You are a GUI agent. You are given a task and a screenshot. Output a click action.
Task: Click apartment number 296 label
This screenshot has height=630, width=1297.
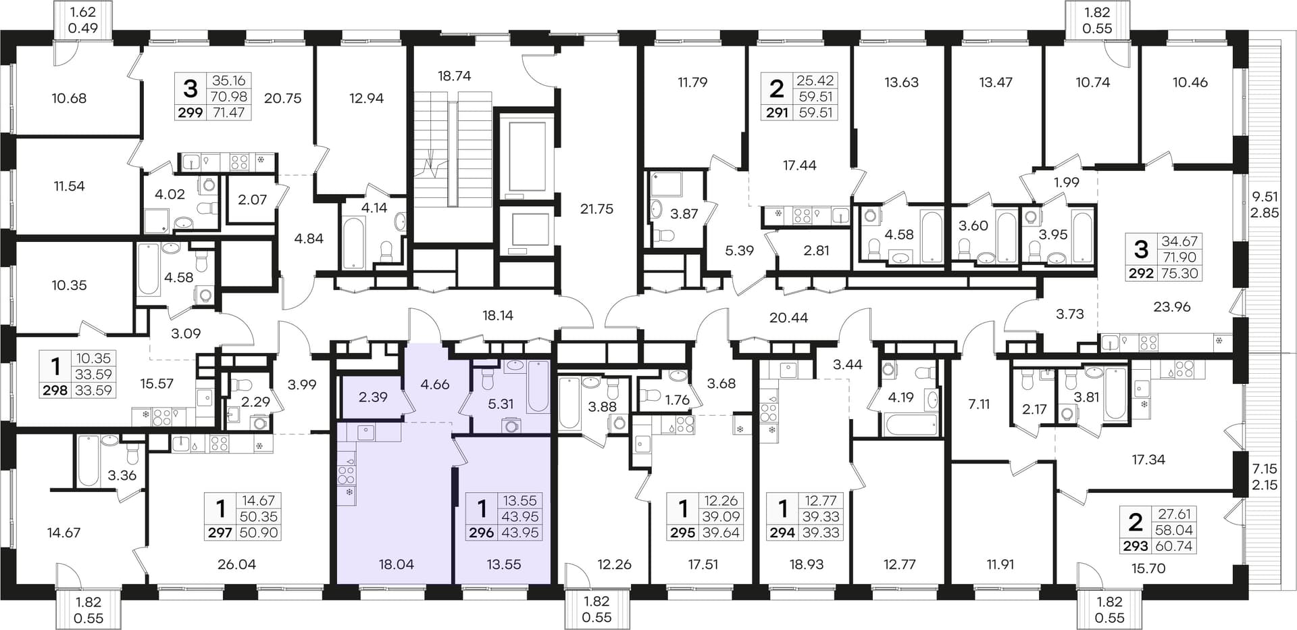coord(482,533)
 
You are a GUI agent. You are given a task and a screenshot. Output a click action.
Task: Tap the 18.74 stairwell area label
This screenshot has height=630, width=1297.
coord(454,76)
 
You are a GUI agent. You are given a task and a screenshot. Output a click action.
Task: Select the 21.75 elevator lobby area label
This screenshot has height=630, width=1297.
coord(596,209)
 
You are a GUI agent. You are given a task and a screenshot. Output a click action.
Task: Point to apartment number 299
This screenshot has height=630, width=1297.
coord(190,113)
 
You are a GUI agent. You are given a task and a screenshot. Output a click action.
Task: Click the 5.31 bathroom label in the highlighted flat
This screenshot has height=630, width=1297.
coord(501,404)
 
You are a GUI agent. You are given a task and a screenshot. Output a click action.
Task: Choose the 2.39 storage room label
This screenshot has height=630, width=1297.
coord(373,397)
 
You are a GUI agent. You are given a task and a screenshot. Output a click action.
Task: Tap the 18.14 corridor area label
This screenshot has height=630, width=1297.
coord(498,315)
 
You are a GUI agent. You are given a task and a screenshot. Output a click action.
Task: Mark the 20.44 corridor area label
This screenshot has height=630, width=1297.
coord(789,317)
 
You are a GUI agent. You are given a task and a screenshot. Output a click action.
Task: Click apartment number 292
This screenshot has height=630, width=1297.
coord(1141,274)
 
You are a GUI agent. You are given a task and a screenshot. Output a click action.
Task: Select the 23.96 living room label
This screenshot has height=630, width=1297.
coord(1172,306)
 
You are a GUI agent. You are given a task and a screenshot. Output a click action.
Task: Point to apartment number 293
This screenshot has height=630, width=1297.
coord(1136,546)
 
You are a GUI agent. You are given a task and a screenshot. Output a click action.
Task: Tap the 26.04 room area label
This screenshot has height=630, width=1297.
coord(236,564)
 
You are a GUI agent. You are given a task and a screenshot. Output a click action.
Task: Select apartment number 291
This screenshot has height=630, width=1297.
coord(777,113)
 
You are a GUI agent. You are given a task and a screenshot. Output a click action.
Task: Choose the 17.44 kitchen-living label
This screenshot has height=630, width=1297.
coord(800,165)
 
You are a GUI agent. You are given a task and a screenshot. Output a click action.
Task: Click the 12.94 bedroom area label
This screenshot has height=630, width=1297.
coord(366,98)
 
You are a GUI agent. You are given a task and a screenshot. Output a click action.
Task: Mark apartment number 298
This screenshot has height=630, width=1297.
coord(55,390)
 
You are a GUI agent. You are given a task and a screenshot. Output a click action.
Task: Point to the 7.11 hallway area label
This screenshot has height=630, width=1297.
coord(979,404)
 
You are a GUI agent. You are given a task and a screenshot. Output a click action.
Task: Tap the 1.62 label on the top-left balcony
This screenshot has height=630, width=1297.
coord(83,12)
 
